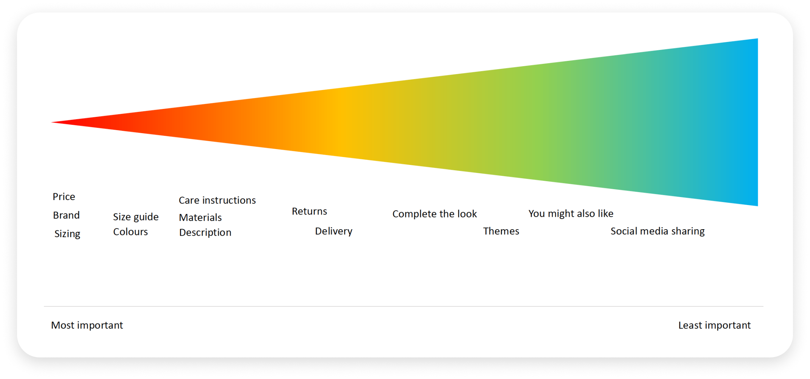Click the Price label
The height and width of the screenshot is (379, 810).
point(64,197)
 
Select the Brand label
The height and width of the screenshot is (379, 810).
point(66,215)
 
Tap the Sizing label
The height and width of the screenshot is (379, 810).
point(67,234)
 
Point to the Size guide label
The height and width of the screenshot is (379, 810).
point(136,217)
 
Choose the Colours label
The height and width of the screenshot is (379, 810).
point(130,232)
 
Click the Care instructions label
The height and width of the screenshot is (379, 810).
point(217,200)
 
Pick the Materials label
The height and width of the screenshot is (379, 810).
point(200,217)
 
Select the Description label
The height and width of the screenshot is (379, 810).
point(205,233)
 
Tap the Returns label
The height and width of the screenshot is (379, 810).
point(309,211)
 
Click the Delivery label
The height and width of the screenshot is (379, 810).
point(334,231)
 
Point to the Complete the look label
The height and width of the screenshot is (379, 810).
point(434,214)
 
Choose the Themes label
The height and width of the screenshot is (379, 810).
point(501,231)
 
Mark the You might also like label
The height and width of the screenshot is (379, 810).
point(571,214)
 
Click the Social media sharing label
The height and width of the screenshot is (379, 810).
point(658,231)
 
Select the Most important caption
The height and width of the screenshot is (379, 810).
point(87,325)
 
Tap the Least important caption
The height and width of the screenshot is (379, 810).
point(714,325)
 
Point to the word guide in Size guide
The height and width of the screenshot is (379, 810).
point(146,217)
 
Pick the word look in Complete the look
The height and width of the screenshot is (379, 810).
point(467,214)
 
